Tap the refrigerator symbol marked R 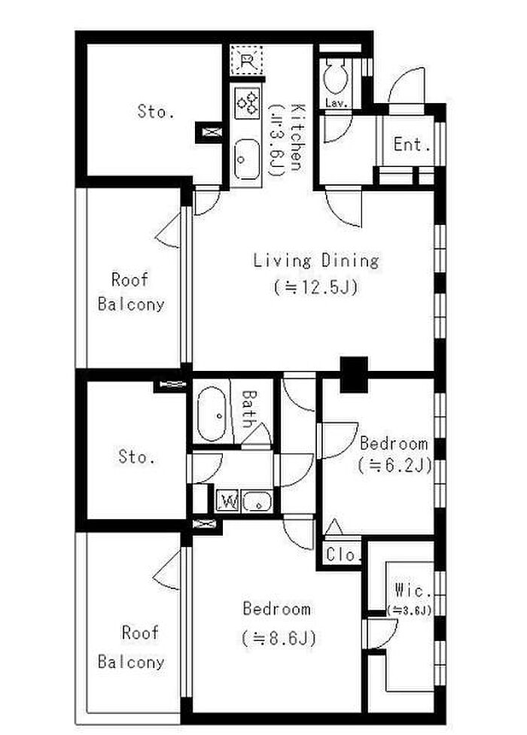(246, 60)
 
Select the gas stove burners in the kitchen (247, 102)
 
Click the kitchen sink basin (247, 159)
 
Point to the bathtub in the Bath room (212, 414)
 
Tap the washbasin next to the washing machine (257, 502)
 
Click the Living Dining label (316, 260)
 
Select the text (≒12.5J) (316, 287)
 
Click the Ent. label (412, 144)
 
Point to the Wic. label (413, 590)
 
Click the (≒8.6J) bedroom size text (279, 637)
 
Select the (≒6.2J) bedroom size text (394, 465)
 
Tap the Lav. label (336, 103)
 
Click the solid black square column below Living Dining (354, 375)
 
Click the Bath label (248, 409)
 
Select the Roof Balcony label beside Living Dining (131, 292)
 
